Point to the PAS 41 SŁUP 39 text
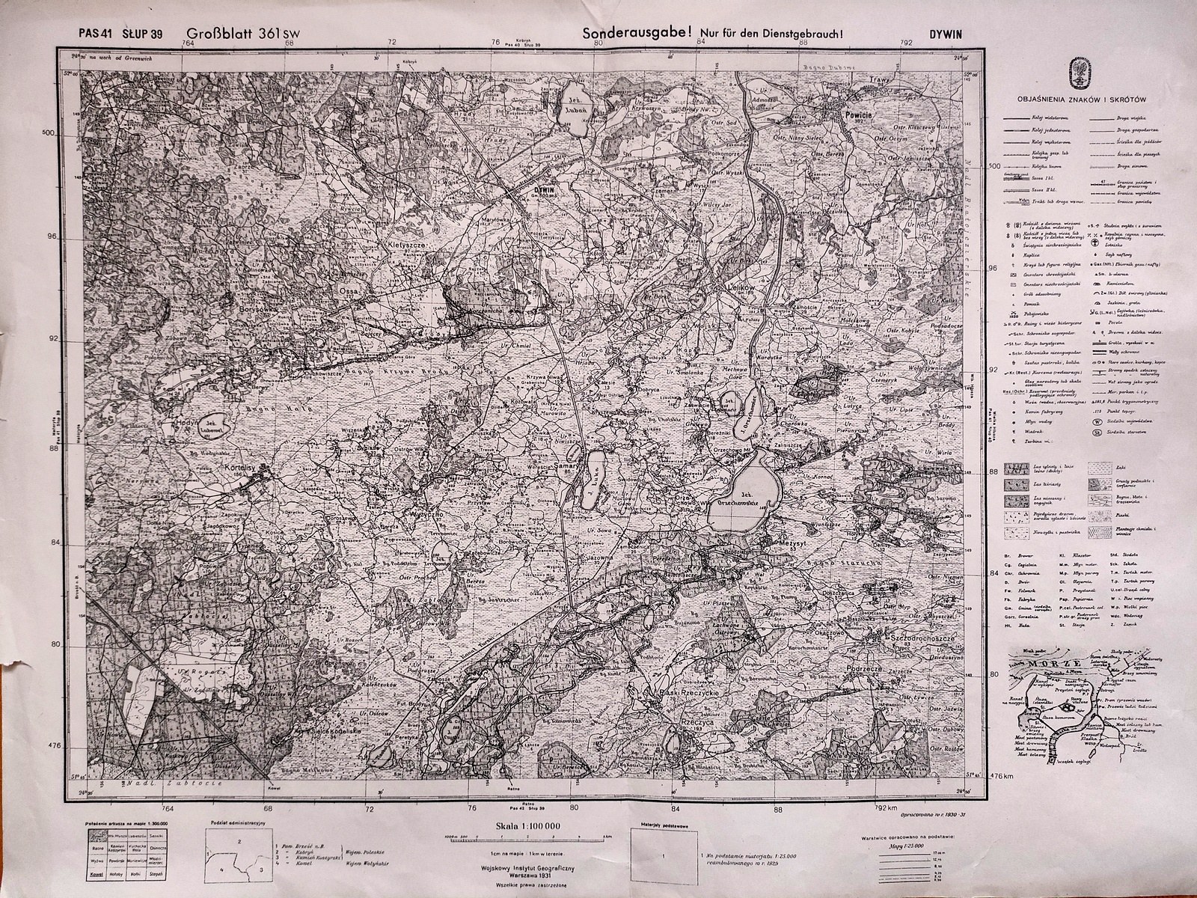pos(120,33)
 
